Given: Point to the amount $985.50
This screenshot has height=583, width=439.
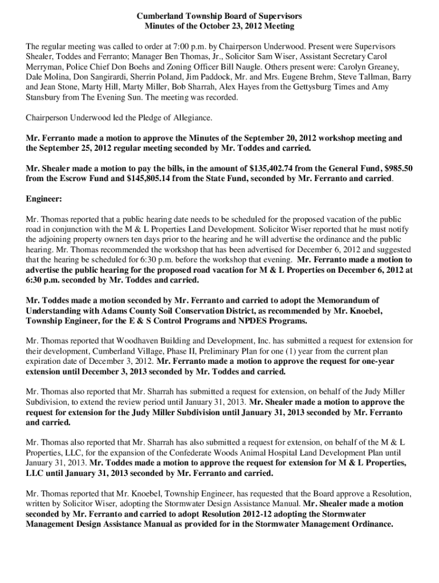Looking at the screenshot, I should (395, 169).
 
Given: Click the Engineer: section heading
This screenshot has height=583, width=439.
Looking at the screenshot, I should (48, 199).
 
